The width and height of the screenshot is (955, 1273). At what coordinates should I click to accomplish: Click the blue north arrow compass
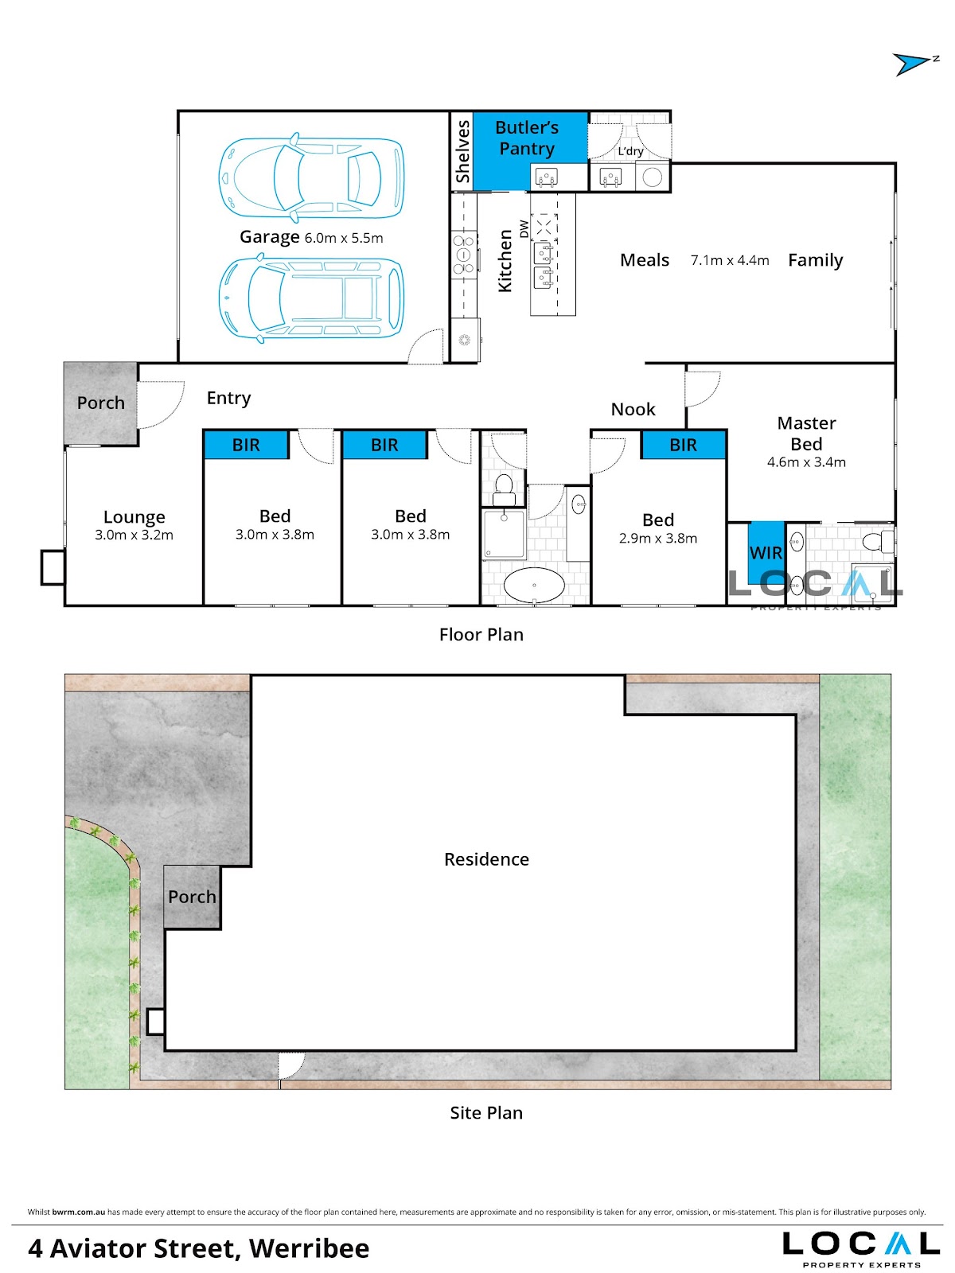[911, 64]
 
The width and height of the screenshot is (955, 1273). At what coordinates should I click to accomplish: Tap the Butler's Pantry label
[527, 138]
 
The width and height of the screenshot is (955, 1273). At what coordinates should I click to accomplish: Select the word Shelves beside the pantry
[462, 151]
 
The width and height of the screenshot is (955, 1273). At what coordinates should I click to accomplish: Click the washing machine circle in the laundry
[653, 177]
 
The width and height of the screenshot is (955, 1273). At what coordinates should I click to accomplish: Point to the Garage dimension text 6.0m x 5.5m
[344, 238]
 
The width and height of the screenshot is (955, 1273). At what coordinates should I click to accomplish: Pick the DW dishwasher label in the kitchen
[524, 228]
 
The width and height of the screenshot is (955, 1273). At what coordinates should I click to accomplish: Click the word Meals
[644, 260]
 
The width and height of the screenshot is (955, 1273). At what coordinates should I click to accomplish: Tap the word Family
[815, 260]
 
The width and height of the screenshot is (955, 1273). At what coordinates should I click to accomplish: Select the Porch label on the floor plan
[101, 403]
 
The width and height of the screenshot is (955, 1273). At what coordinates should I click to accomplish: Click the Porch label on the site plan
[192, 897]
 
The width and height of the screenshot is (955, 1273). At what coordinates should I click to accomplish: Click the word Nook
[633, 410]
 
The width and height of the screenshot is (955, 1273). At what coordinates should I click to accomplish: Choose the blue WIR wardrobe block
[766, 553]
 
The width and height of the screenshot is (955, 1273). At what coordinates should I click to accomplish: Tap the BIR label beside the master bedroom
[683, 445]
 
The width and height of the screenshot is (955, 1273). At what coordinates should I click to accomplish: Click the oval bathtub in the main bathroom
[533, 585]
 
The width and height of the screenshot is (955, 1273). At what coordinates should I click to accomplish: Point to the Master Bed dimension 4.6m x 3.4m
[806, 462]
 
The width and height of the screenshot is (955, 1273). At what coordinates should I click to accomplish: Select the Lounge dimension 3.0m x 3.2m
[134, 535]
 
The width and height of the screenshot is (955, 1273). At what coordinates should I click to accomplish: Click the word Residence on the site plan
[486, 859]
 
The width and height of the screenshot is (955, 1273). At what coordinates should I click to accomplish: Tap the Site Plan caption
[486, 1112]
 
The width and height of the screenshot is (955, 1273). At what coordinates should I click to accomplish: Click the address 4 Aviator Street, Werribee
[198, 1248]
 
